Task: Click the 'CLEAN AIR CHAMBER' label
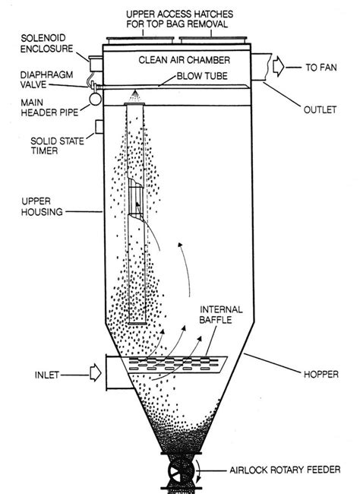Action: pyautogui.click(x=185, y=60)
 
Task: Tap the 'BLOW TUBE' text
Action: pyautogui.click(x=202, y=76)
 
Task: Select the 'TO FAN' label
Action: pyautogui.click(x=321, y=68)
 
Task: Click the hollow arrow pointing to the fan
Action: pyautogui.click(x=279, y=67)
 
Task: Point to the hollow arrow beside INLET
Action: pyautogui.click(x=96, y=372)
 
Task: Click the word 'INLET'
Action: pyautogui.click(x=47, y=375)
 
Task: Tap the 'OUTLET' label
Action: pyautogui.click(x=320, y=109)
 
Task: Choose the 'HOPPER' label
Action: pyautogui.click(x=321, y=374)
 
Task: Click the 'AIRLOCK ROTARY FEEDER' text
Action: pyautogui.click(x=285, y=470)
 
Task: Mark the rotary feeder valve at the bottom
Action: pyautogui.click(x=181, y=471)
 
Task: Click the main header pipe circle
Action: pyautogui.click(x=96, y=99)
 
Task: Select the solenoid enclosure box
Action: pyautogui.click(x=96, y=64)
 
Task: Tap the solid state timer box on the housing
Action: pyautogui.click(x=99, y=127)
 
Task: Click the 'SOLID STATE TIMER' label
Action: pyautogui.click(x=57, y=146)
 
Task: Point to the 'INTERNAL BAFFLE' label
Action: pyautogui.click(x=221, y=315)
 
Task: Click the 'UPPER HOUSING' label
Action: pyautogui.click(x=42, y=207)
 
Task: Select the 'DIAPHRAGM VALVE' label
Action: pyautogui.click(x=46, y=80)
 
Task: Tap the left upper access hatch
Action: pyautogui.click(x=141, y=40)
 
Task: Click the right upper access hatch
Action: pyautogui.click(x=213, y=40)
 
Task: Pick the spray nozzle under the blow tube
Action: pyautogui.click(x=135, y=96)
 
